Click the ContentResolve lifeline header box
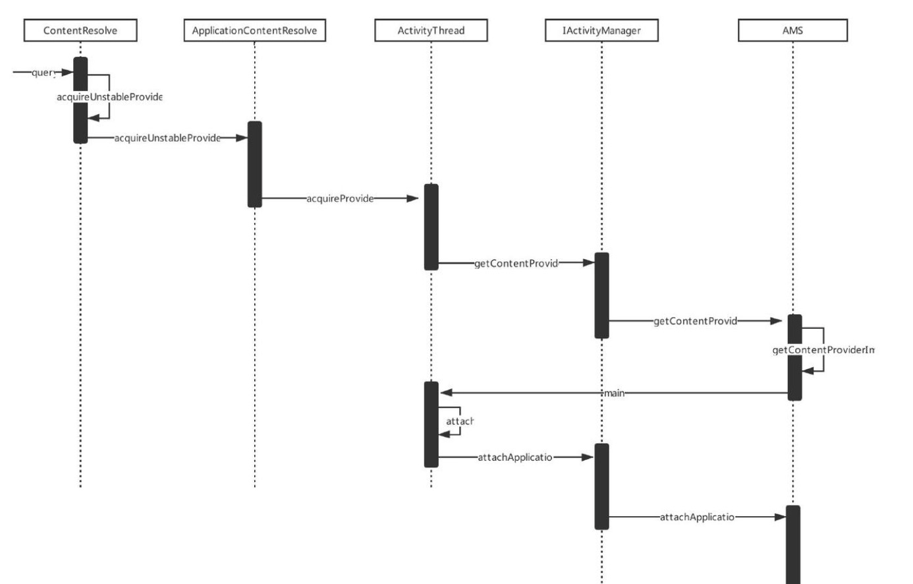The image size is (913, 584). click(x=80, y=30)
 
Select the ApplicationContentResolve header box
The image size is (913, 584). click(x=254, y=30)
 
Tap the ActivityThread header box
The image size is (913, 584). click(x=431, y=30)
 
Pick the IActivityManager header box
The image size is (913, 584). click(x=601, y=30)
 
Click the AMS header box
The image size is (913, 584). click(x=792, y=30)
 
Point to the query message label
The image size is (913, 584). click(x=43, y=73)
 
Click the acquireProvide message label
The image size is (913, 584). click(x=340, y=198)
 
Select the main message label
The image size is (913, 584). click(x=615, y=393)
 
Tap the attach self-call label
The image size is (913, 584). click(x=460, y=421)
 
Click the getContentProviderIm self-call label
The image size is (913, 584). click(x=823, y=350)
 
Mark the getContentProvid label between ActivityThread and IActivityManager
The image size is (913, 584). click(x=516, y=264)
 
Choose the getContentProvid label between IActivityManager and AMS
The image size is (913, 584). click(x=695, y=321)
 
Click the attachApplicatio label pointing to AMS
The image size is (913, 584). click(x=697, y=517)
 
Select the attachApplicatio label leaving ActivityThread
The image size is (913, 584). click(x=515, y=457)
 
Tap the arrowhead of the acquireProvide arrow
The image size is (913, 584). click(x=412, y=198)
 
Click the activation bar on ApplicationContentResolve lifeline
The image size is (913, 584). click(x=254, y=164)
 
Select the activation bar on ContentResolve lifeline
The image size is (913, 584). click(x=80, y=100)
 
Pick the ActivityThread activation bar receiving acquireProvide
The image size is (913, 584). click(x=431, y=227)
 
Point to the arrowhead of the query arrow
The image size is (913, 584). click(x=67, y=72)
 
